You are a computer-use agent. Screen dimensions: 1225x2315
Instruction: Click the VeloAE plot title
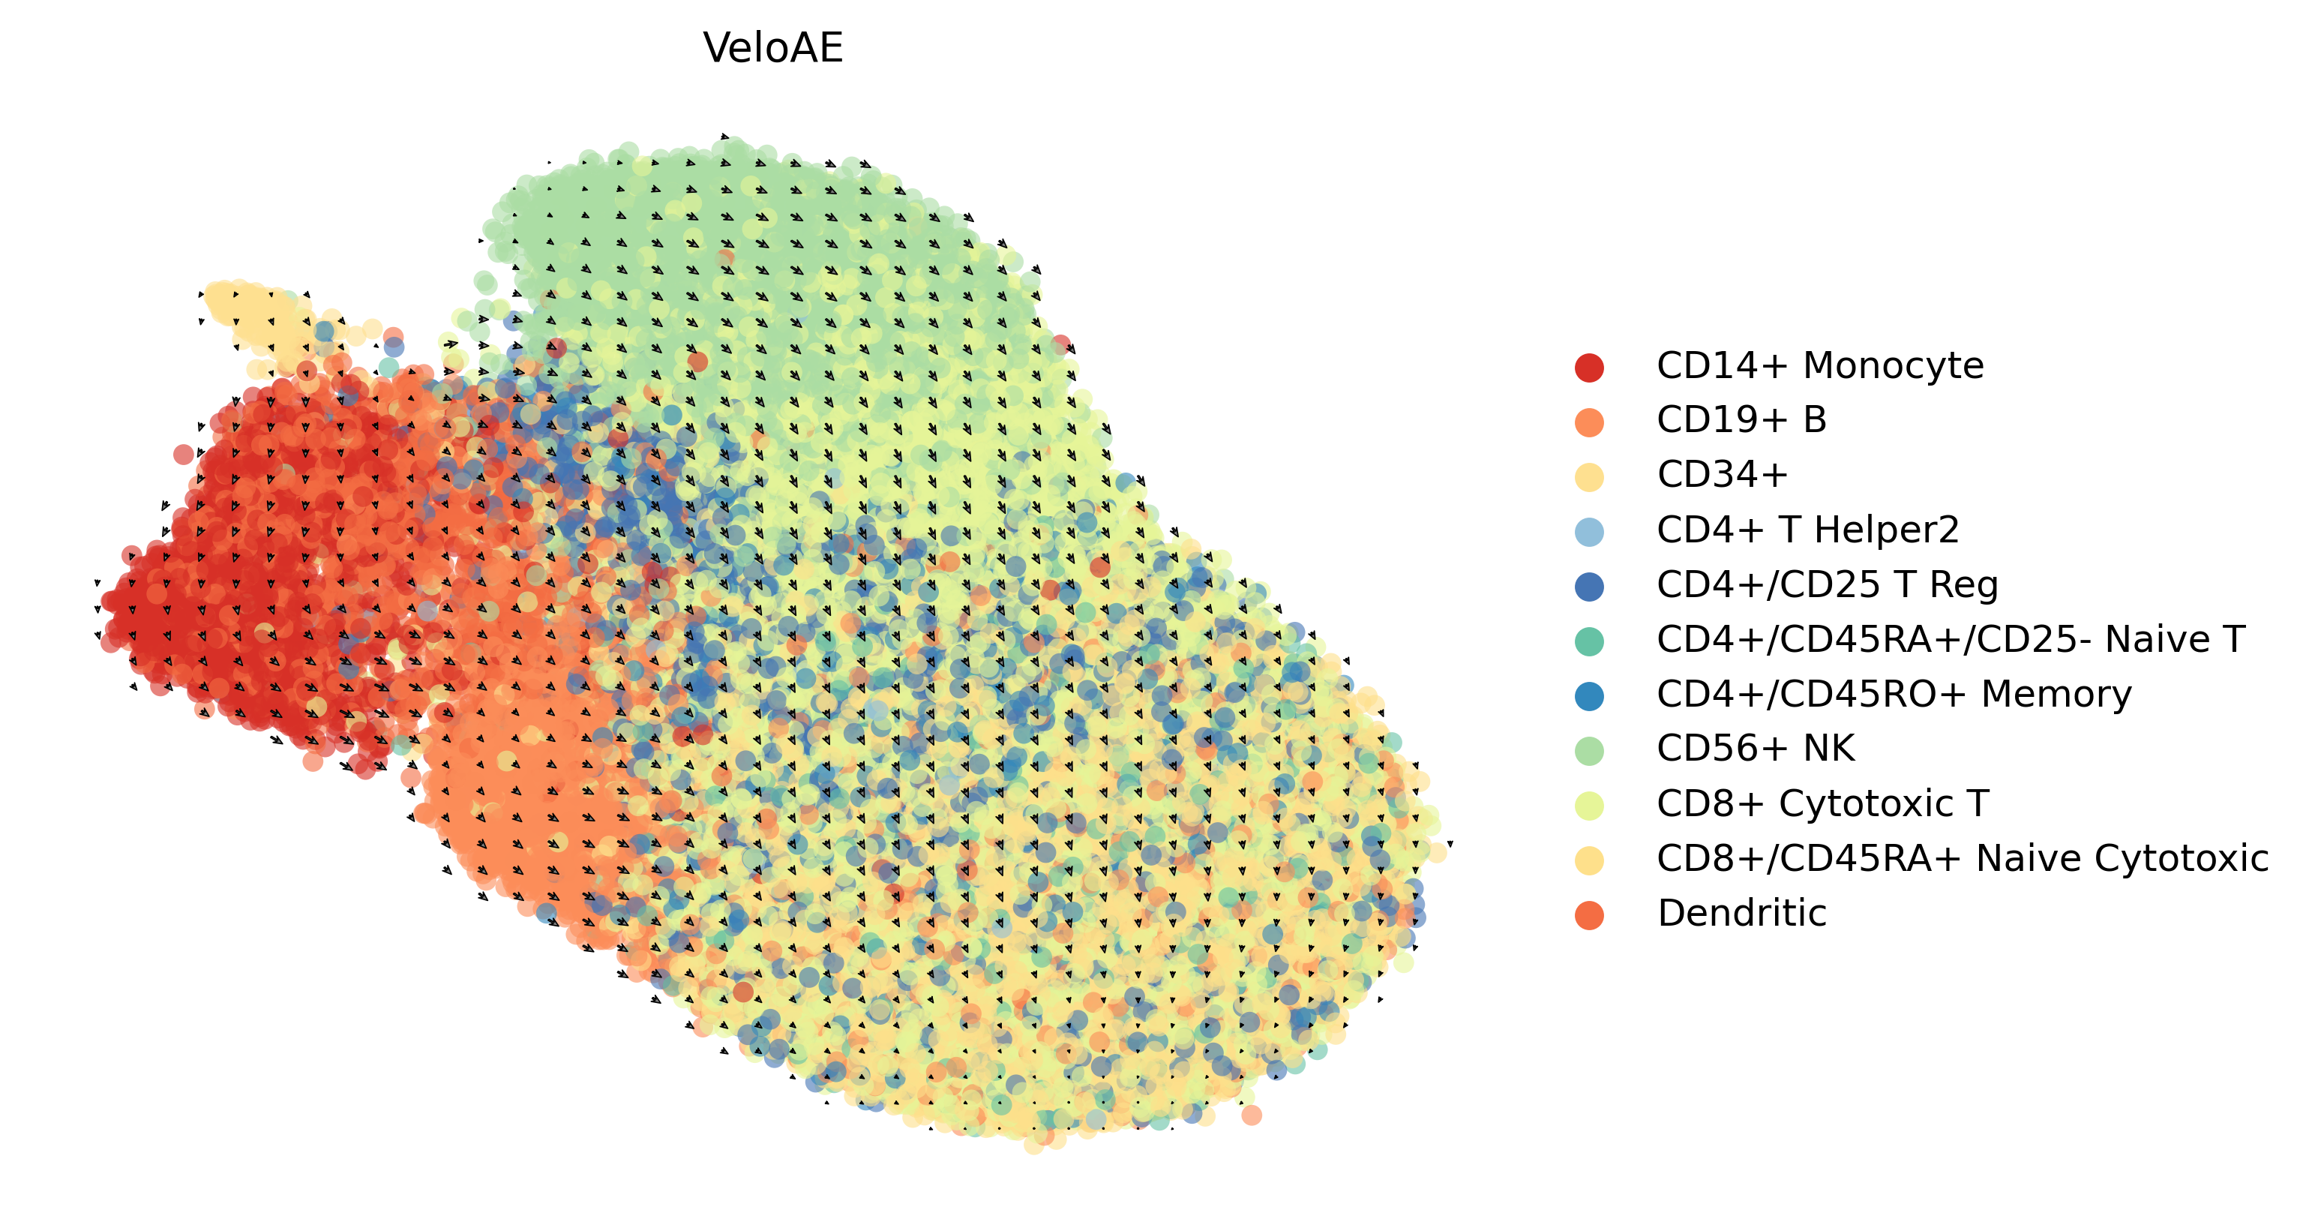point(773,49)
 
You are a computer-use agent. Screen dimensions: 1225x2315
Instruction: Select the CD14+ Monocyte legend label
point(1820,366)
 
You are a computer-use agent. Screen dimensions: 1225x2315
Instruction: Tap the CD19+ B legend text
point(1741,421)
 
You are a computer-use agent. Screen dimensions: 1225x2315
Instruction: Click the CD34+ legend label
point(1722,476)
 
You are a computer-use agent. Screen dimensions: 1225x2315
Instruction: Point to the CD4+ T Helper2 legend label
point(1807,530)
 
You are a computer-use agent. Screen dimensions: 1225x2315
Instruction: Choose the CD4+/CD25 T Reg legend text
point(1827,585)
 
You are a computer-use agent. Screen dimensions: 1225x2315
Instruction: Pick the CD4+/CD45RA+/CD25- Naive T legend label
point(1950,640)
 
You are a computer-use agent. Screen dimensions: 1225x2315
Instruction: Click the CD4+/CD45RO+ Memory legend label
point(1894,695)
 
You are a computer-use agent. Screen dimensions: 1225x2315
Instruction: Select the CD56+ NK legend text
point(1755,749)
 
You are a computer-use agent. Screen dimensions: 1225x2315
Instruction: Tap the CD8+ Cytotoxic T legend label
point(1822,803)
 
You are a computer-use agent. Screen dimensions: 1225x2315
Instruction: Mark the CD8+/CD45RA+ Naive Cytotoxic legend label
point(1963,858)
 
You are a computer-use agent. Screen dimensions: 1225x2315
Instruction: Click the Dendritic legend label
point(1741,913)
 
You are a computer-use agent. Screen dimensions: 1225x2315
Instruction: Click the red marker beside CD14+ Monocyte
point(1589,368)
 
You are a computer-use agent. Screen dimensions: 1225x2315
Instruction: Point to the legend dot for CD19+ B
point(1589,422)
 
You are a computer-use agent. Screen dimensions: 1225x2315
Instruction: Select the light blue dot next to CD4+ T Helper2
point(1589,532)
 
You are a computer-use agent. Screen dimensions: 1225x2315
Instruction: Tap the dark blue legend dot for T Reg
point(1589,587)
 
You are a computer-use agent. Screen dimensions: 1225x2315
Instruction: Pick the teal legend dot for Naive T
point(1589,641)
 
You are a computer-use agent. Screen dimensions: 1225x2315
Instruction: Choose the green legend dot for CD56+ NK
point(1589,750)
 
